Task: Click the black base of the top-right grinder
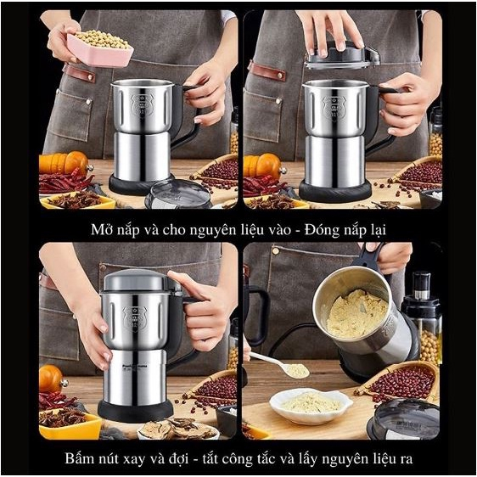point(334,191)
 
